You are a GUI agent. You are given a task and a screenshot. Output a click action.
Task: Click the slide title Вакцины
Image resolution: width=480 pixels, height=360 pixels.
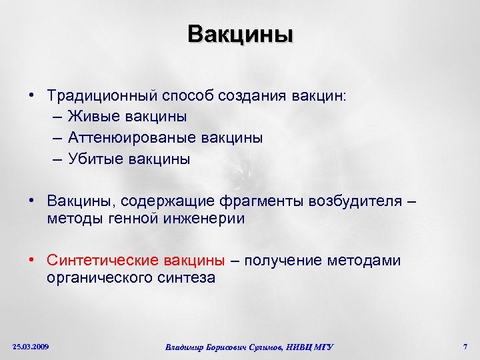240,33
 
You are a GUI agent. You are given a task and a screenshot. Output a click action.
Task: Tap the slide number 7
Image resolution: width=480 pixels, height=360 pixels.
465,347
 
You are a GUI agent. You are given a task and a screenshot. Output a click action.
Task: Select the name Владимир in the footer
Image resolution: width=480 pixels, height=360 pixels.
185,347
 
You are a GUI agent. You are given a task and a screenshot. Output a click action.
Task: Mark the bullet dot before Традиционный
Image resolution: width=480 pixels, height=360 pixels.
31,95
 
